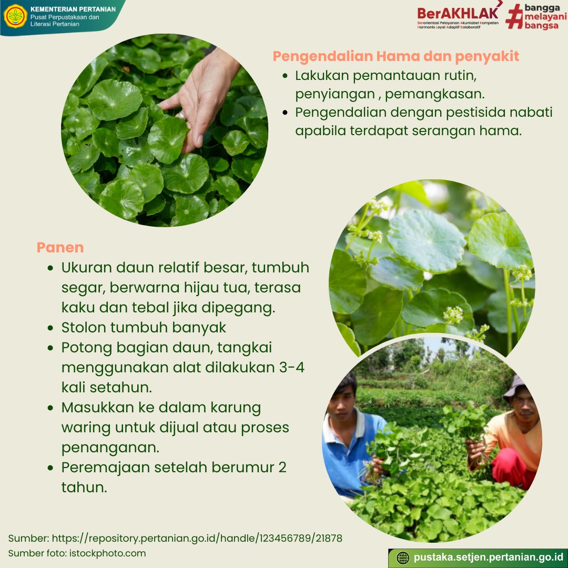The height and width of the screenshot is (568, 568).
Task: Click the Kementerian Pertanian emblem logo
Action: coord(15,16)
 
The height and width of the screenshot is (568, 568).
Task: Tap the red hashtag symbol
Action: coord(514,16)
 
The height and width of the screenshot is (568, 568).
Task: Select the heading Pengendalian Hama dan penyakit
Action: coord(395,56)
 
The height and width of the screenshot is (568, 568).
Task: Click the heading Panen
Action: coord(60,247)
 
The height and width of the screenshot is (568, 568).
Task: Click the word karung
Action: coord(236,408)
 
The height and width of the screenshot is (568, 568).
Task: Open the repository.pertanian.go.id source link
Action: coord(197,539)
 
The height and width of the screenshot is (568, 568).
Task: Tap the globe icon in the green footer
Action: coord(403,558)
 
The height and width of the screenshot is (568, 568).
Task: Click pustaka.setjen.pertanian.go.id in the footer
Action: coord(488,557)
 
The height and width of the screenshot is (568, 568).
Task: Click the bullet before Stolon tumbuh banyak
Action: coord(50,328)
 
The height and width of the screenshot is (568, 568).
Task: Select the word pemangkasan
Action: coord(435,94)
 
